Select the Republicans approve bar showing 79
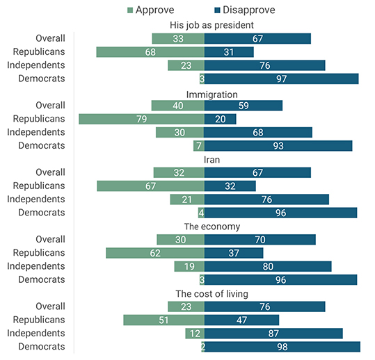click(141, 119)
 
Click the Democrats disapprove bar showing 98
click(282, 346)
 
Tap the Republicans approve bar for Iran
click(150, 186)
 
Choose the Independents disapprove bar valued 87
click(273, 333)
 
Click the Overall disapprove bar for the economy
click(260, 239)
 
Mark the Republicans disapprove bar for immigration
click(220, 119)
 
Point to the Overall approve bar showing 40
click(177, 106)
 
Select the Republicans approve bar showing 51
click(163, 320)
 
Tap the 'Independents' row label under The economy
click(36, 265)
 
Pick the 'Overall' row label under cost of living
click(51, 306)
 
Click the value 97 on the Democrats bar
click(282, 79)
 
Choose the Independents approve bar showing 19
click(189, 266)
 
